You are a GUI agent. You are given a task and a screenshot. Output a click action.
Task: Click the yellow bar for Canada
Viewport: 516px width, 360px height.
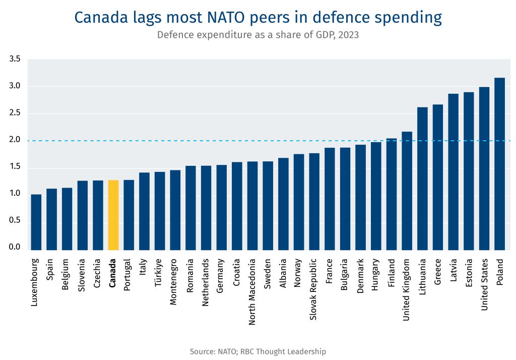113,215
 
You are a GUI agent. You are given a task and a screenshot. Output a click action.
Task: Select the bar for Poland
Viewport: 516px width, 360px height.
499,164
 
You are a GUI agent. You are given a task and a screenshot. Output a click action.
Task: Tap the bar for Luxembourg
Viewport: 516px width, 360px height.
36,222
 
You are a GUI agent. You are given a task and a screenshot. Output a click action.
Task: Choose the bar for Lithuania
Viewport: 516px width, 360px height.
422,178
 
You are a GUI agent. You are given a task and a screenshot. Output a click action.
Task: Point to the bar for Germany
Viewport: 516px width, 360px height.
222,207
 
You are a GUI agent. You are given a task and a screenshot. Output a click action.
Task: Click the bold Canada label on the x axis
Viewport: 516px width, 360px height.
113,273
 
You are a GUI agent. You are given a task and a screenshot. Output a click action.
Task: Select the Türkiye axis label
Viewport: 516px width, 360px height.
159,273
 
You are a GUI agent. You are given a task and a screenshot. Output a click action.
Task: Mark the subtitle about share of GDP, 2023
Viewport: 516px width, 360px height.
257,35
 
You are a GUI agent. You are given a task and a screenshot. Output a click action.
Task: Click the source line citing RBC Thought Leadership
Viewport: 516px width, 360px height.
257,351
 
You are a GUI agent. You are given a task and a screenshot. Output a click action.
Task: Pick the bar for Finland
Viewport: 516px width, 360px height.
392,194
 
